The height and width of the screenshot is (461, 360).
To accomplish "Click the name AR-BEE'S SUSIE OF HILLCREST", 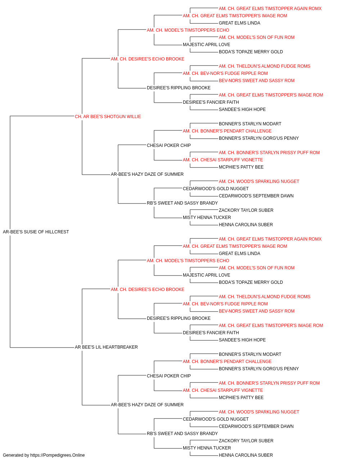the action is pos(36,232).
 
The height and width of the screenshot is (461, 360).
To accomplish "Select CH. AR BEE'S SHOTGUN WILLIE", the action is pos(108,117).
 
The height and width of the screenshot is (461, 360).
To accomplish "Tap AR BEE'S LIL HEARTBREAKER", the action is pos(106,347).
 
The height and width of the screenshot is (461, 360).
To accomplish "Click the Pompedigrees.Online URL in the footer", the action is pos(58,455).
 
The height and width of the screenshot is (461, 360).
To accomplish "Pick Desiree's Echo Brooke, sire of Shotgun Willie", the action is pos(148,59).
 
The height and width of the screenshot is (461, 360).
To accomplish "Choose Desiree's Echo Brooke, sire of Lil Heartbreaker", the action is pos(148,289).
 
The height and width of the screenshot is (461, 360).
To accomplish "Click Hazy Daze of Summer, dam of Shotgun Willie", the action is pos(147,174).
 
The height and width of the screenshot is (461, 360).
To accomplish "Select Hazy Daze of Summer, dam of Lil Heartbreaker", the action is pos(147,404).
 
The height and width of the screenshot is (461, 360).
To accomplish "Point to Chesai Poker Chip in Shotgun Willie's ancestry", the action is pos(169,145).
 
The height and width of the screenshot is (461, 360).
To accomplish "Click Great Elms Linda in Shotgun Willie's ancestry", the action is pos(239,23).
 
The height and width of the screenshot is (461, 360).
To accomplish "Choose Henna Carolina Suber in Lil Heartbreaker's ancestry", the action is pos(246,455).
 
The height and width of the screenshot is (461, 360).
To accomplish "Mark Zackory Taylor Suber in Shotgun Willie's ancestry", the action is pos(246,210).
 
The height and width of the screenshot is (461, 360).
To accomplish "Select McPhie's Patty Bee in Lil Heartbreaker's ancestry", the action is pos(241,397).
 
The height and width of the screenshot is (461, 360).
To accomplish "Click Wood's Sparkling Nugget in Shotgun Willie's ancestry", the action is pos(259,182).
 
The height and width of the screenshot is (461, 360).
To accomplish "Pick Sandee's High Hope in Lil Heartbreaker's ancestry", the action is pos(242,340).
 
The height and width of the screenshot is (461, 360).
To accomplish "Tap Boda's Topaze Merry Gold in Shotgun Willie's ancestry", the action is pos(251,52).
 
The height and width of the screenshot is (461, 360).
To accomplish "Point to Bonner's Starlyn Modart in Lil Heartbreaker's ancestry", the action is pos(250,354).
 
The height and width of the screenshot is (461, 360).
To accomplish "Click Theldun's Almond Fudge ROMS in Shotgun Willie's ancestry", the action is pos(265,66).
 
